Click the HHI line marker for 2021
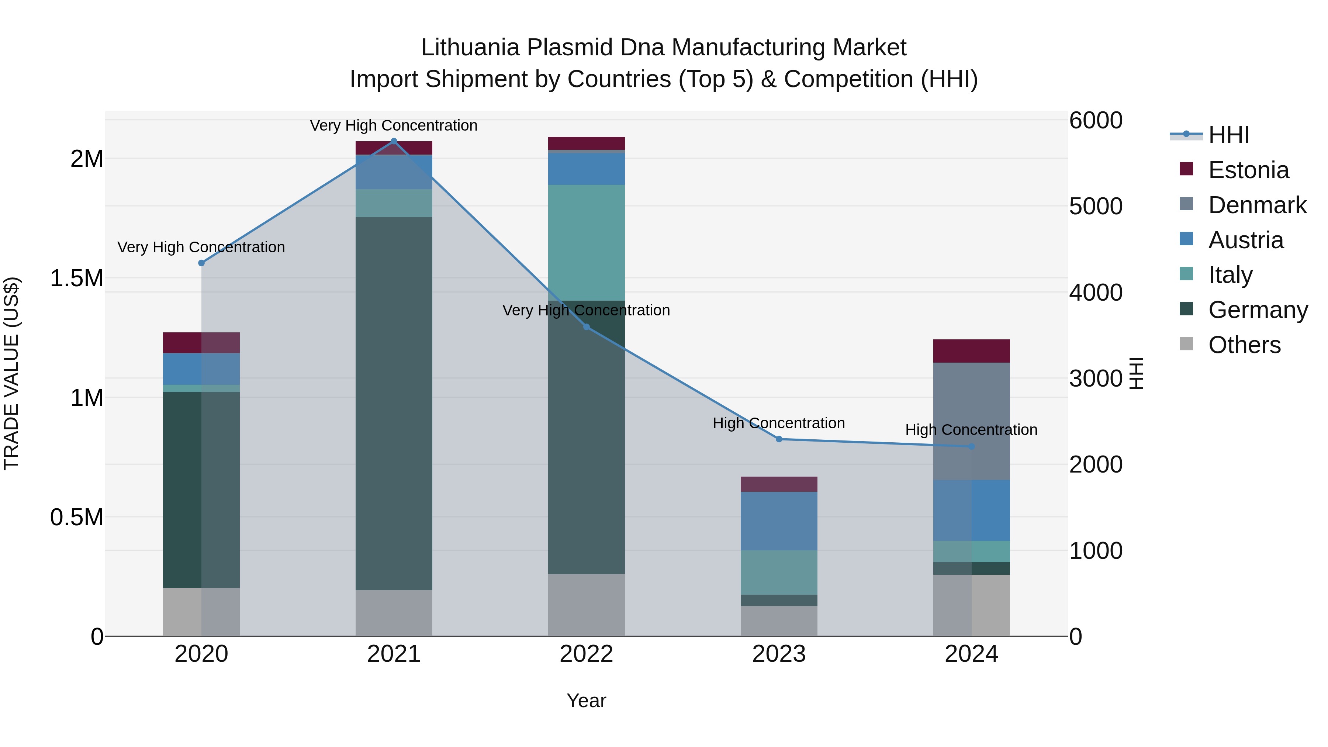[x=394, y=141]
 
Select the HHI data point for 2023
[x=779, y=439]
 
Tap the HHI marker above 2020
[x=201, y=263]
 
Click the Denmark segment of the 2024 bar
[x=971, y=421]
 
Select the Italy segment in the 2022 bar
[x=586, y=242]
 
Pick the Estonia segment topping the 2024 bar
[x=971, y=351]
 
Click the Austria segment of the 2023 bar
[x=779, y=521]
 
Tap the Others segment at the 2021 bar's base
[x=394, y=613]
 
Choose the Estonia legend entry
[x=1248, y=170]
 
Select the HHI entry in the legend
[x=1228, y=135]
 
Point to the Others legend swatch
[x=1186, y=344]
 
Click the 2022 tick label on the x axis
[x=586, y=654]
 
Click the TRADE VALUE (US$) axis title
[x=11, y=373]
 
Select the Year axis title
[x=586, y=701]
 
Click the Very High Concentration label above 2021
[x=394, y=125]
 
